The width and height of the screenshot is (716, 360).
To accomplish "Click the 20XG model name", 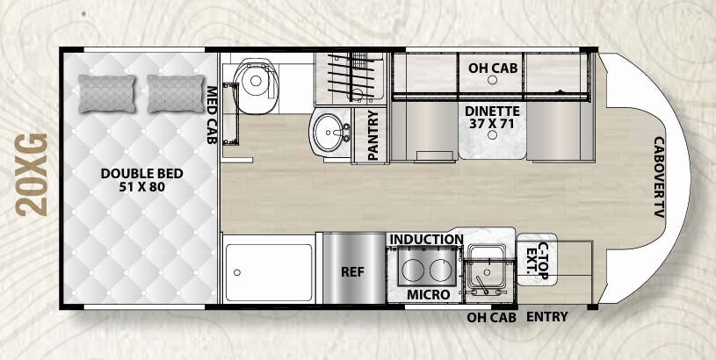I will pyautogui.click(x=32, y=175).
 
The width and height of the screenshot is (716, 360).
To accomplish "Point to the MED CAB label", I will pyautogui.click(x=212, y=114).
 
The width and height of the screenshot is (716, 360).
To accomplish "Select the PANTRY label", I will pyautogui.click(x=372, y=133).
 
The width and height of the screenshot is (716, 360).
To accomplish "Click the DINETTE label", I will pyautogui.click(x=493, y=112).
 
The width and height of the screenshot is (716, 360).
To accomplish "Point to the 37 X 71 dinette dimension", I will pyautogui.click(x=493, y=126).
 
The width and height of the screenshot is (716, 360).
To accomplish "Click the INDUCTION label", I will pyautogui.click(x=426, y=239).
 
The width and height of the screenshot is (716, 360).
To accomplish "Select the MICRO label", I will pyautogui.click(x=429, y=294).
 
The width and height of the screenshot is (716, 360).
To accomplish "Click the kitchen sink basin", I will pyautogui.click(x=484, y=263).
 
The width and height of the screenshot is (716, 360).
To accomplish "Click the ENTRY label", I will pyautogui.click(x=546, y=317).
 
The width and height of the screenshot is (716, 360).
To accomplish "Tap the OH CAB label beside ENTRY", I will pyautogui.click(x=490, y=317).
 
